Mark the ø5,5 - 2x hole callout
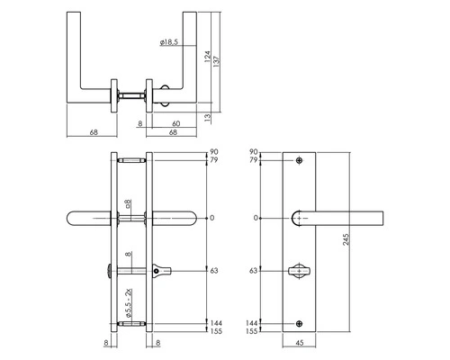tap(130, 297)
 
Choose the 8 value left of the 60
tap(141, 124)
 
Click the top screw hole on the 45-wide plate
tap(300, 161)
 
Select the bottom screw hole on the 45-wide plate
tap(300, 321)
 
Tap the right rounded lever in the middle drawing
tap(180, 218)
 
